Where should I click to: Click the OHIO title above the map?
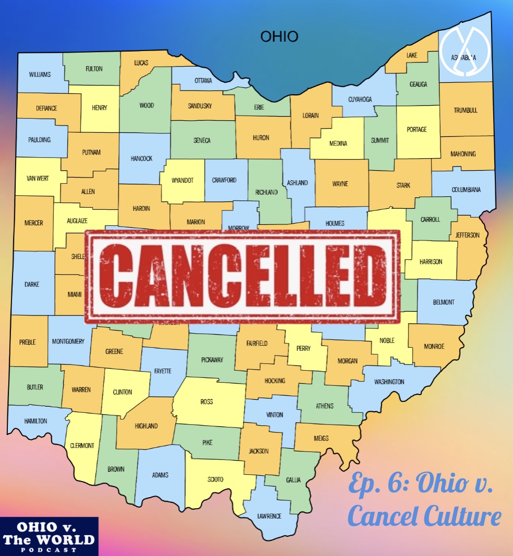(279, 37)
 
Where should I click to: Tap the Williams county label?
(40, 74)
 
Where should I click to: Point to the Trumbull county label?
(466, 110)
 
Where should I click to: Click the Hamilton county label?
(35, 421)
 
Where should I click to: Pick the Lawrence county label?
(269, 516)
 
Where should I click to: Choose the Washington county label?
(389, 382)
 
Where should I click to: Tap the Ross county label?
(206, 401)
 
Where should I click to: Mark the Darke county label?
(32, 284)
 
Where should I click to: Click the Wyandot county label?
(182, 180)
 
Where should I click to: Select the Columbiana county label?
(466, 189)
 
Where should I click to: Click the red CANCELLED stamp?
(242, 276)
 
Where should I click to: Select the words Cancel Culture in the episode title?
(424, 516)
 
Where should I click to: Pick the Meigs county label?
(321, 438)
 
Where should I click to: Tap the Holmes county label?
(335, 223)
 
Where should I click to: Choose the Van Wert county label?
(38, 178)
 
